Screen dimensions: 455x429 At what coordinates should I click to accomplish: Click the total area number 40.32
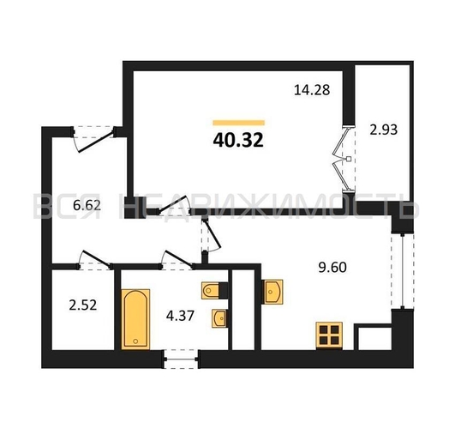pyautogui.click(x=238, y=140)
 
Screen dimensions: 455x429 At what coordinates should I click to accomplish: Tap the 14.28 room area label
pyautogui.click(x=312, y=90)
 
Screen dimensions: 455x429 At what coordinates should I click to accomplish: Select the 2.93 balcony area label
pyautogui.click(x=383, y=130)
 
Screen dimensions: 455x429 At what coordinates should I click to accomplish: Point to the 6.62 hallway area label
pyautogui.click(x=87, y=205)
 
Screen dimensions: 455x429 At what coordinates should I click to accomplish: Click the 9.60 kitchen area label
pyautogui.click(x=332, y=268)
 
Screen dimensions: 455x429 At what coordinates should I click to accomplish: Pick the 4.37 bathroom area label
pyautogui.click(x=180, y=316)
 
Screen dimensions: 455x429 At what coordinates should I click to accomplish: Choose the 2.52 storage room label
pyautogui.click(x=83, y=305)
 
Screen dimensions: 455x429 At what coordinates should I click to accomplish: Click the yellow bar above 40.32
pyautogui.click(x=238, y=123)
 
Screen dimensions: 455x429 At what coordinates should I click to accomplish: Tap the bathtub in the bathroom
pyautogui.click(x=135, y=319)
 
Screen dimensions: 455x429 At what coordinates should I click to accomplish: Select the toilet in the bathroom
pyautogui.click(x=214, y=290)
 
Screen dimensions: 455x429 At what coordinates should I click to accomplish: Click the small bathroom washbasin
pyautogui.click(x=219, y=318)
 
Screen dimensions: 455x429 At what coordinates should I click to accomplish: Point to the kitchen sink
pyautogui.click(x=272, y=291)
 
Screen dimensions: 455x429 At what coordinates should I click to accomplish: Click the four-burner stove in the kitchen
pyautogui.click(x=329, y=335)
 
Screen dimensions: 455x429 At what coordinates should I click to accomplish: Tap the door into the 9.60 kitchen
pyautogui.click(x=212, y=235)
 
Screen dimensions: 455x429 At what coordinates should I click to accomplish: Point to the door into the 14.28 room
pyautogui.click(x=173, y=205)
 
